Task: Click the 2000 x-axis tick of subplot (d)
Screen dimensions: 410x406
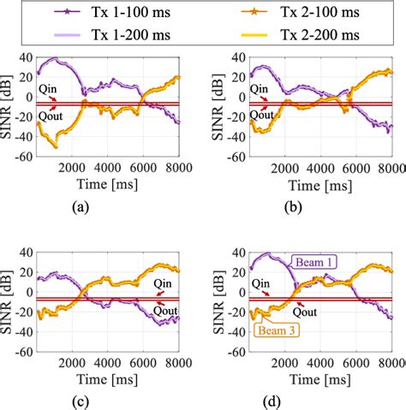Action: [269, 364]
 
